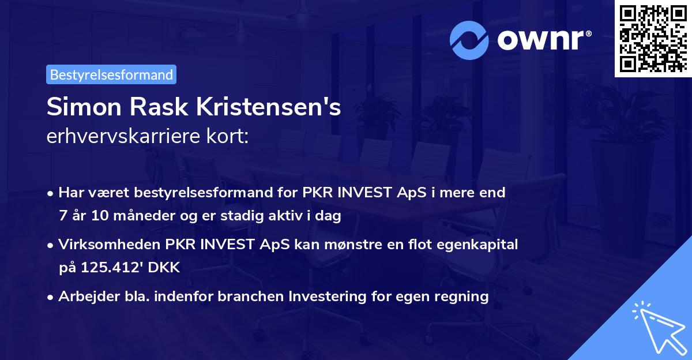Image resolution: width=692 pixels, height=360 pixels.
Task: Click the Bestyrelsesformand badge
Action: click(111, 74)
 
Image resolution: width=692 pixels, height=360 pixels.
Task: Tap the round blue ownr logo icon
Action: click(469, 40)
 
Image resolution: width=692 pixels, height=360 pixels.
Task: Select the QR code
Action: click(653, 38)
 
